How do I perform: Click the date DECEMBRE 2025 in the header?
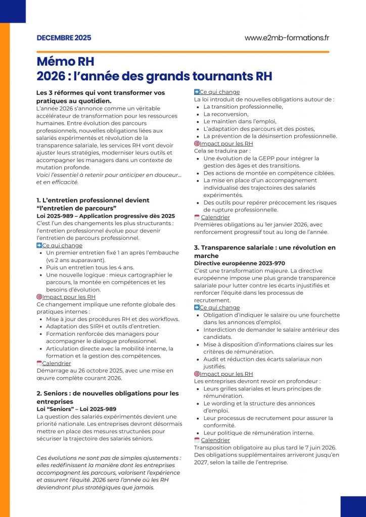tap(64, 38)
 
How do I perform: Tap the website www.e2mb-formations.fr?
tap(287, 38)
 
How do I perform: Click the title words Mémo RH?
tap(65, 62)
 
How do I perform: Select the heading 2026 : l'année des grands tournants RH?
tap(154, 76)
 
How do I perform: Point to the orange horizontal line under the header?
tap(182, 51)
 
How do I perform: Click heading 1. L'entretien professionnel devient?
tap(93, 200)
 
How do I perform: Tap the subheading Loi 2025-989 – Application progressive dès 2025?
tap(106, 216)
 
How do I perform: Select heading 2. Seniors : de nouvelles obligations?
tap(107, 393)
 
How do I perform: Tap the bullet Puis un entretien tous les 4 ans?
tap(90, 268)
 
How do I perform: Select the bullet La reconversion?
tap(227, 114)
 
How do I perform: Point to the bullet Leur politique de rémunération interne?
tap(258, 433)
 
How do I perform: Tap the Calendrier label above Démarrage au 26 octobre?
tap(56, 363)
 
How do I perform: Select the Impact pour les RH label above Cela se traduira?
tap(226, 143)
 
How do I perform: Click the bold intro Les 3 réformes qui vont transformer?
tap(101, 93)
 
